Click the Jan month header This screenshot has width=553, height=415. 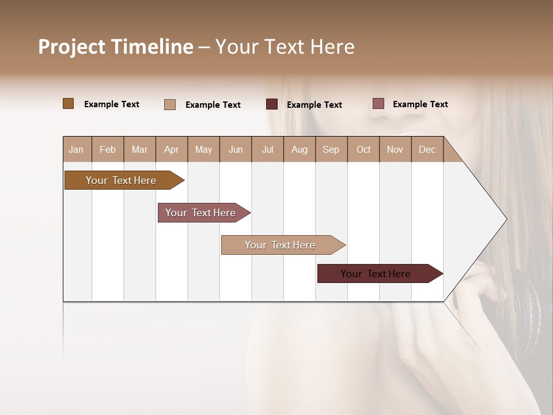(77, 149)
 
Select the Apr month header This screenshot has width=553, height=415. (172, 149)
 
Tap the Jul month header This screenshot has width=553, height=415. (267, 149)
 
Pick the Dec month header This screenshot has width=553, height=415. (427, 149)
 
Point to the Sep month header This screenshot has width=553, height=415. (331, 149)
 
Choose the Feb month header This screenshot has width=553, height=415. (108, 149)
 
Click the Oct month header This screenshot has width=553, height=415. (363, 149)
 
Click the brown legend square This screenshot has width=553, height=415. (69, 104)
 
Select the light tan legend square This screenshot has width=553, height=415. (170, 104)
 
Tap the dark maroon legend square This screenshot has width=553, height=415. (272, 104)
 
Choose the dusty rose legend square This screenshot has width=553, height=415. (378, 104)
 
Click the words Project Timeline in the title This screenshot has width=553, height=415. (116, 47)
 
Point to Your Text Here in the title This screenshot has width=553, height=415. (285, 47)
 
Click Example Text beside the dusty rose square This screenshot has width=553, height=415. (420, 104)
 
